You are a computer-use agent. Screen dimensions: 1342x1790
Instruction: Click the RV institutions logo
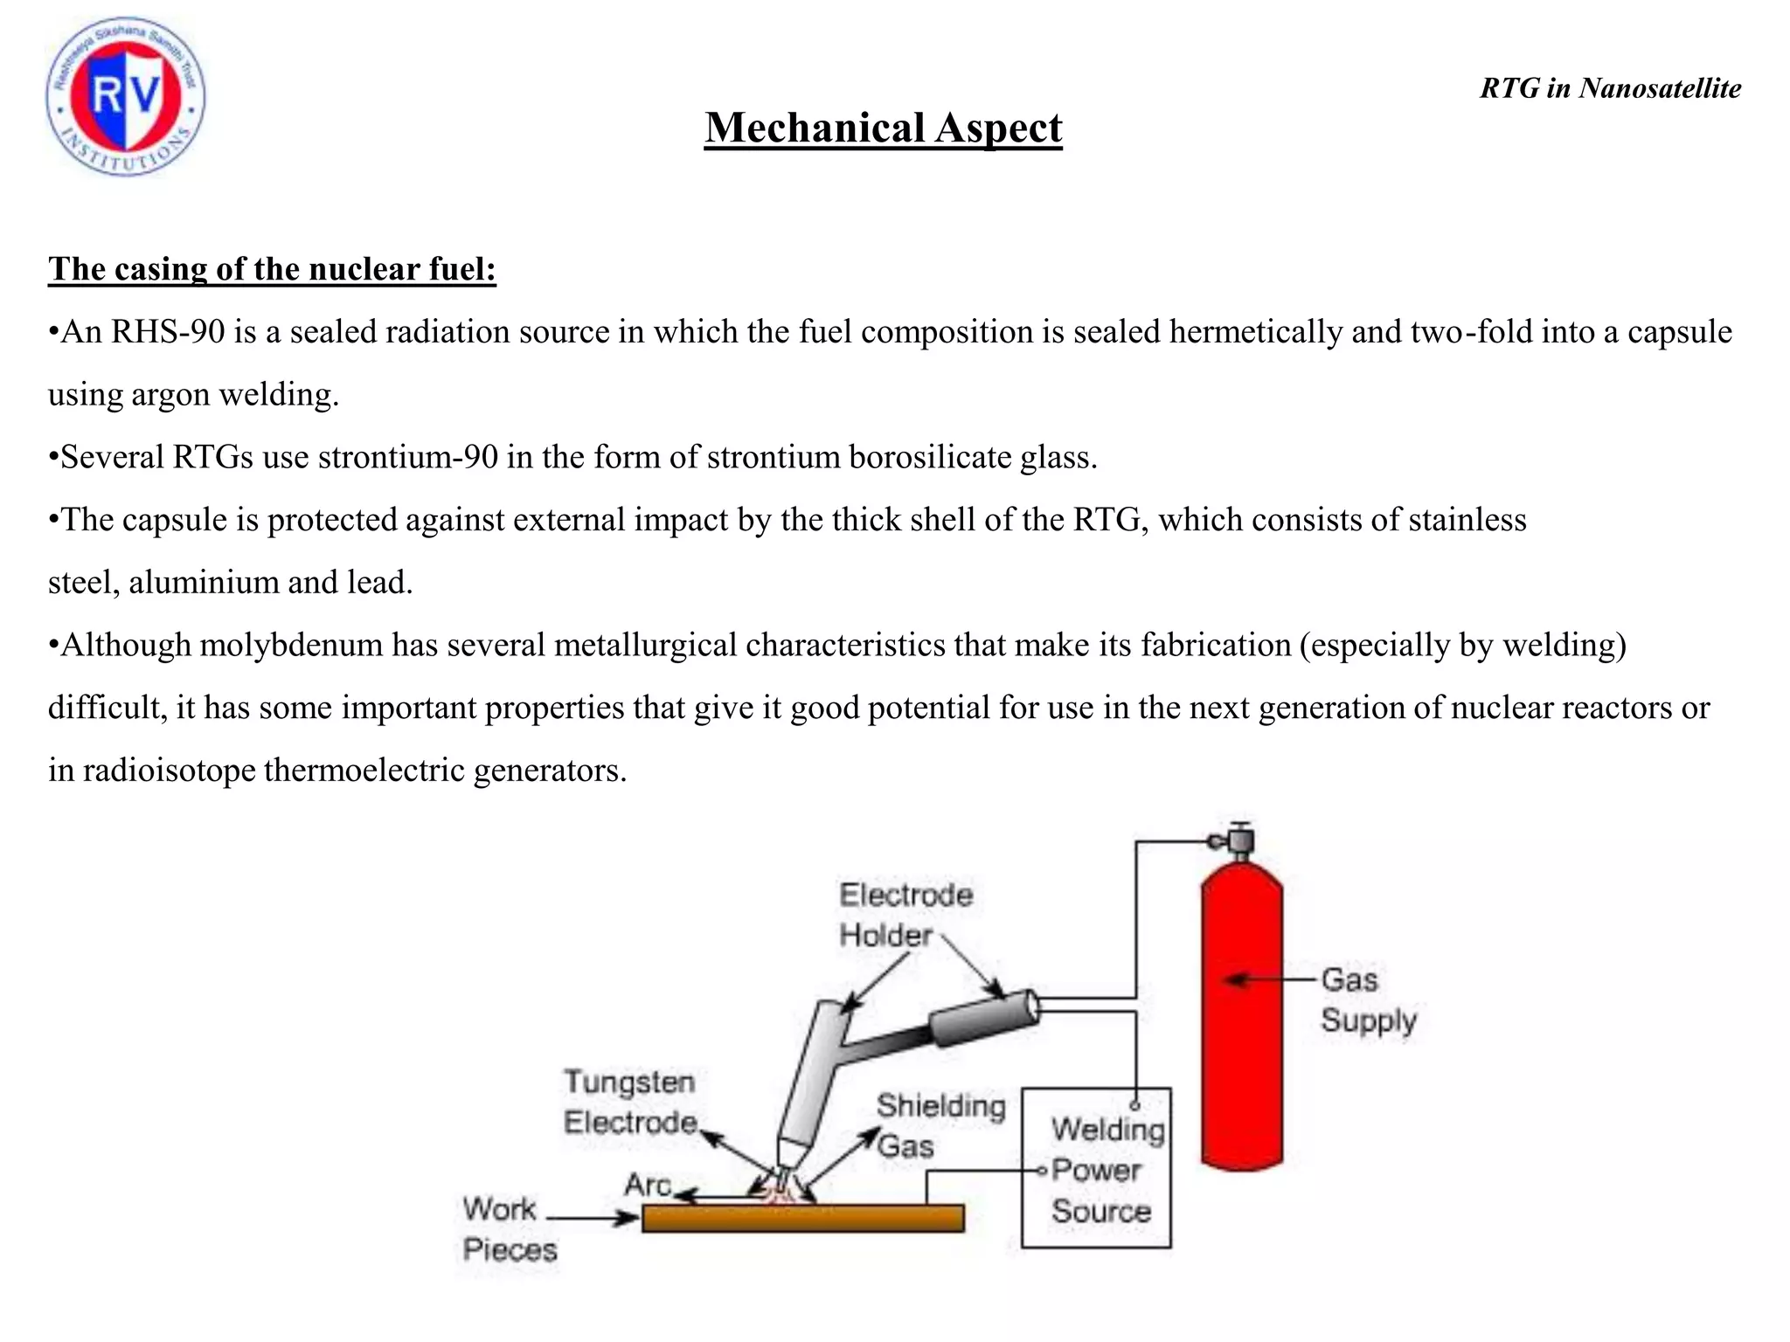coord(126,96)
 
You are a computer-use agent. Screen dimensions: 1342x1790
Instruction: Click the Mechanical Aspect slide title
coord(883,128)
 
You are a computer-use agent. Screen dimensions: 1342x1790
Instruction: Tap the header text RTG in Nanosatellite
coord(1610,88)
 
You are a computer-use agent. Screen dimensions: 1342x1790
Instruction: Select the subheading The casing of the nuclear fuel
coord(272,269)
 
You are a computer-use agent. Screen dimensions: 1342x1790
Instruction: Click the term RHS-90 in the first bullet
coord(168,332)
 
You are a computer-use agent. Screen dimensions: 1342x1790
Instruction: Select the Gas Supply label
coord(1368,1000)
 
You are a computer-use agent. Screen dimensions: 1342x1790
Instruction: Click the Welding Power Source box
coord(1096,1168)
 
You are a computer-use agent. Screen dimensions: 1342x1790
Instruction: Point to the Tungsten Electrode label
coord(629,1102)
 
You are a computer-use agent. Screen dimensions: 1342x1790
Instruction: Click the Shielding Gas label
coord(940,1125)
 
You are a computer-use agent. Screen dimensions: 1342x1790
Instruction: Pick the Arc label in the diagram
coord(648,1185)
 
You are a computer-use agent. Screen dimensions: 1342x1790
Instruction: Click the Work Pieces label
coord(509,1229)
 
